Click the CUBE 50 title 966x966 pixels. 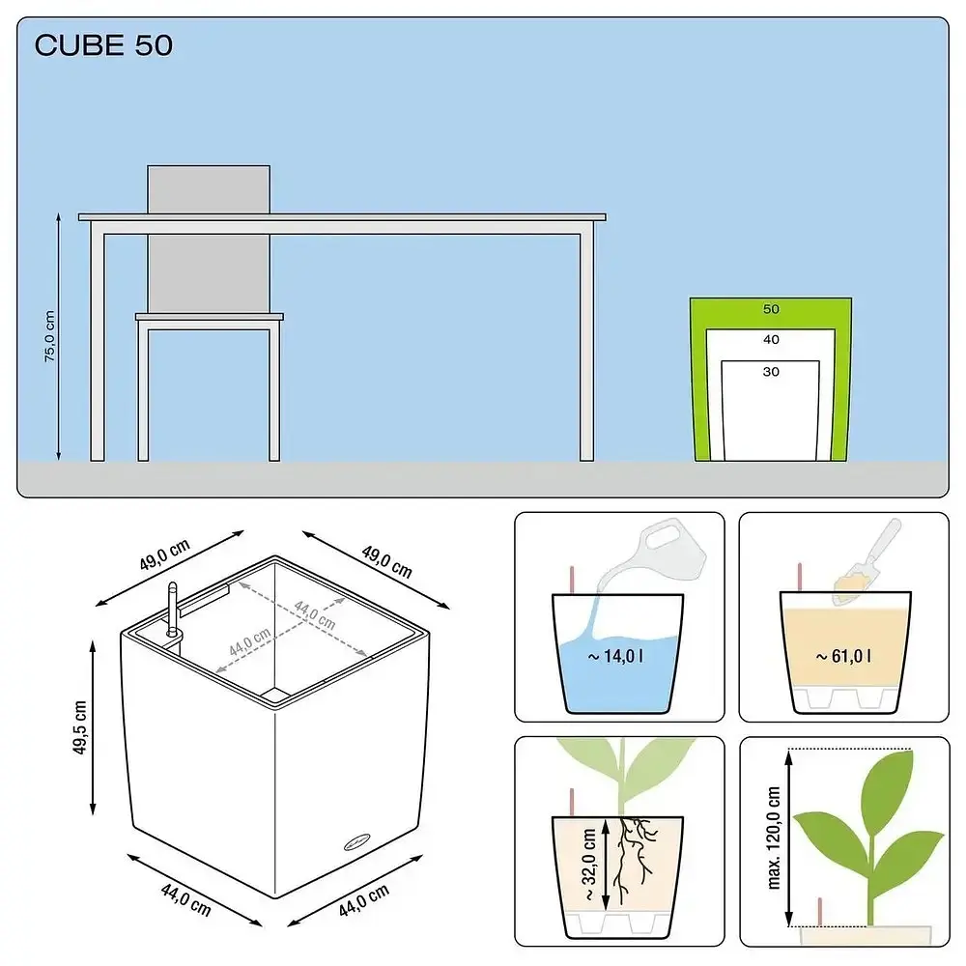point(103,45)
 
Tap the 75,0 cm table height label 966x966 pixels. point(50,336)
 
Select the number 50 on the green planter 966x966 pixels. point(771,309)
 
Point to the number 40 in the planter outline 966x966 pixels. point(771,339)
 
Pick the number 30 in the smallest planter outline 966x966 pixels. point(771,372)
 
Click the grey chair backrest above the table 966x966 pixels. point(209,189)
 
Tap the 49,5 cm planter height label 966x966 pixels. point(80,727)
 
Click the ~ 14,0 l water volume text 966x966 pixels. point(615,656)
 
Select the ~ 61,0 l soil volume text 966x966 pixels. point(843,656)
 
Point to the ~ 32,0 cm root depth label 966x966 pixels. point(589,863)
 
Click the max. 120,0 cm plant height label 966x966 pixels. point(774,838)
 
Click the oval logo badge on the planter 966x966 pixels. point(357,841)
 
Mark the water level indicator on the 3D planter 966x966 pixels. point(173,610)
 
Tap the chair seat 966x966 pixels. point(210,317)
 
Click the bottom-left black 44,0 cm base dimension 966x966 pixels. point(186,899)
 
